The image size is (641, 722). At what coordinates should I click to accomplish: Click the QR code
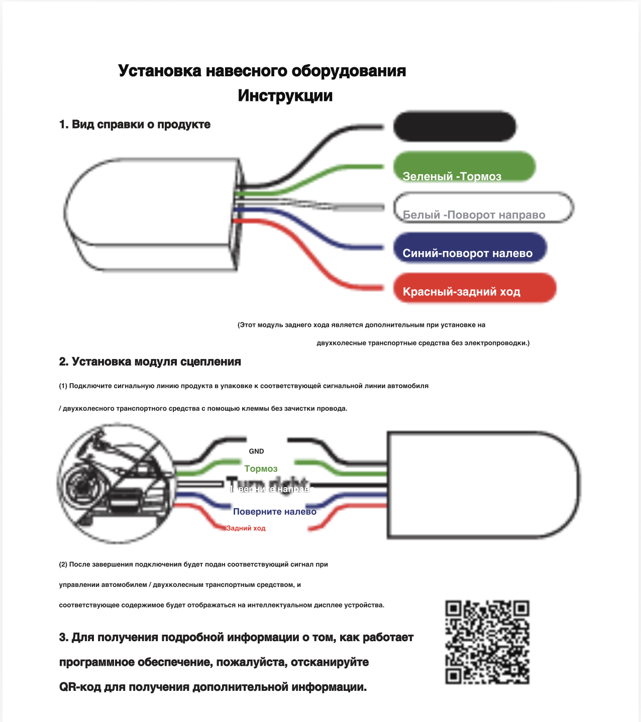point(487,642)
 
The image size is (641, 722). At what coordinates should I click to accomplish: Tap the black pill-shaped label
point(455,127)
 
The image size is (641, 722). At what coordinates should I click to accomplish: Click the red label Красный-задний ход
point(475,288)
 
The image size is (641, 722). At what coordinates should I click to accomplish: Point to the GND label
point(256,451)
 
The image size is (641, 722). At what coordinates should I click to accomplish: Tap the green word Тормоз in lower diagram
point(261,469)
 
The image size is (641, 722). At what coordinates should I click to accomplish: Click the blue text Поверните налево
point(274,512)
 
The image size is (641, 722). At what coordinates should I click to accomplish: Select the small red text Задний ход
point(246,528)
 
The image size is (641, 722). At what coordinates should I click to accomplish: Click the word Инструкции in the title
point(285,95)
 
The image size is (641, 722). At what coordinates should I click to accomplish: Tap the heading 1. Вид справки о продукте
point(135,125)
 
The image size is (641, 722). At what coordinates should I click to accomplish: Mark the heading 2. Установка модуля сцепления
point(150,362)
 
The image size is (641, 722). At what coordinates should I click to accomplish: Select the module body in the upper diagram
point(151,213)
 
